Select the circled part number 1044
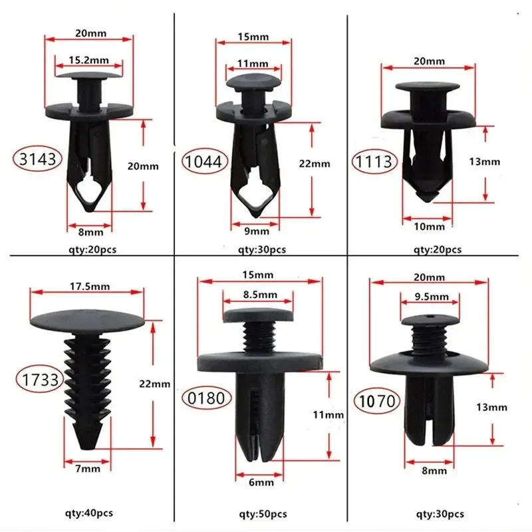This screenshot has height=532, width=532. click(x=206, y=160)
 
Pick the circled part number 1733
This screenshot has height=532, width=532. click(x=39, y=380)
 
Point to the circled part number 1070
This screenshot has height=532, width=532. click(x=376, y=401)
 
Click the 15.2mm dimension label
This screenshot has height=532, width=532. click(x=88, y=60)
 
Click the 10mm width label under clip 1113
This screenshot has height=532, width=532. click(x=429, y=227)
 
